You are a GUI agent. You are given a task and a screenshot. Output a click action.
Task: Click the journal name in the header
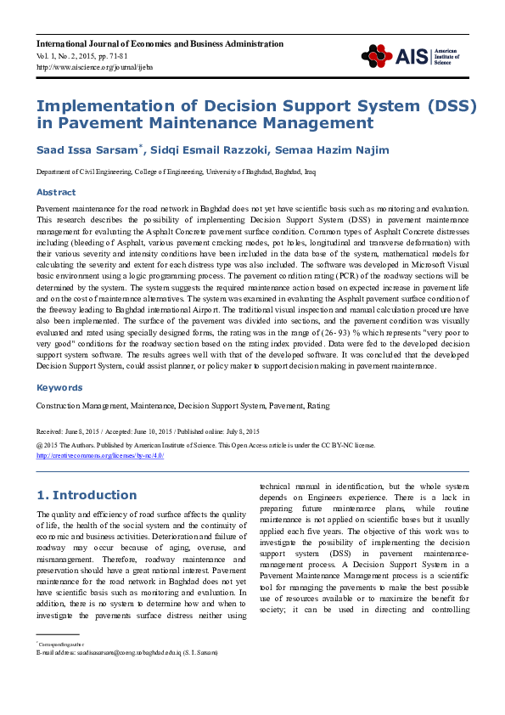160,43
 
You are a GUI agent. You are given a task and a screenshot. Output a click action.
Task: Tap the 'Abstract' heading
56,193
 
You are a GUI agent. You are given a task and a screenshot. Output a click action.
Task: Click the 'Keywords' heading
59,387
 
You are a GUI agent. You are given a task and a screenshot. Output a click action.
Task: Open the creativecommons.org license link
99,455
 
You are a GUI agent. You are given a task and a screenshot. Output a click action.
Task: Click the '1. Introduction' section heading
86,495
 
